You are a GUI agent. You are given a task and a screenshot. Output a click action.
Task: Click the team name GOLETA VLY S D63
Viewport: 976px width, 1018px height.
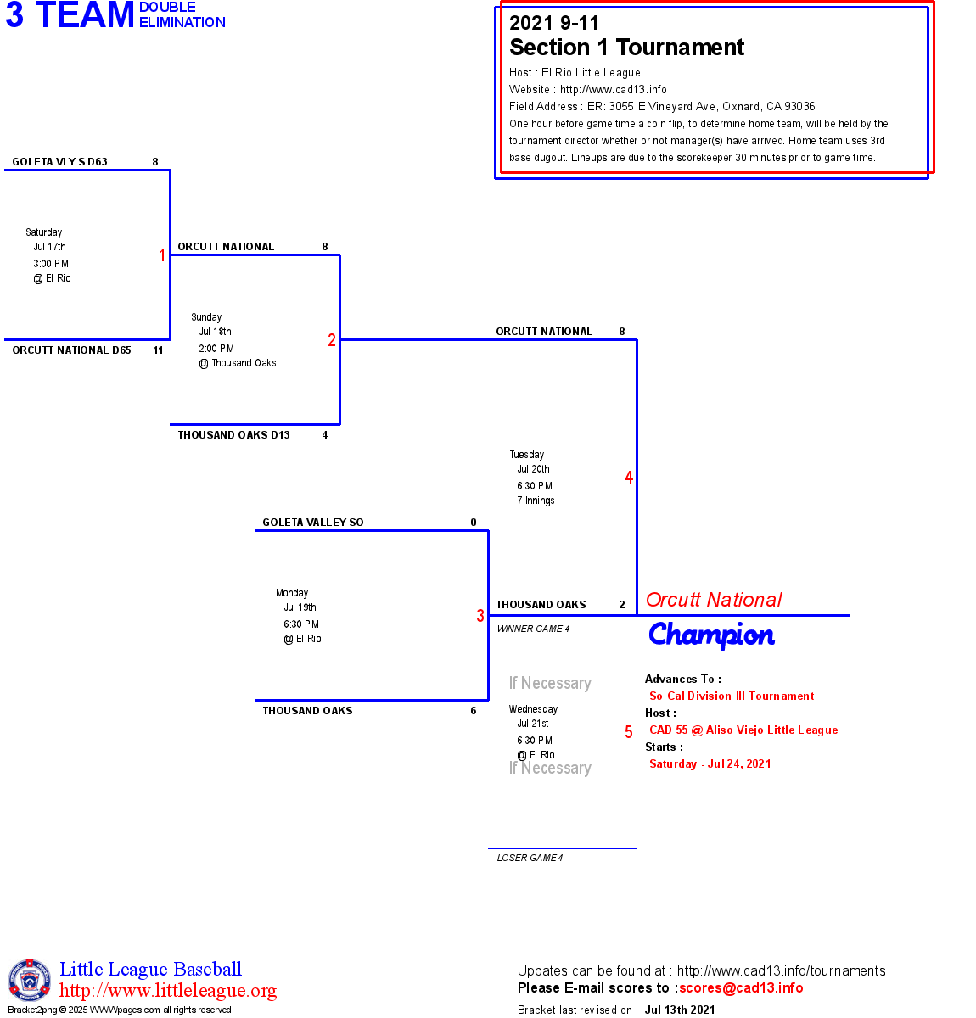(59, 162)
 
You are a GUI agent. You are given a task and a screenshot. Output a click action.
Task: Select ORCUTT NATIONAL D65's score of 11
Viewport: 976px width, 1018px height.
(158, 350)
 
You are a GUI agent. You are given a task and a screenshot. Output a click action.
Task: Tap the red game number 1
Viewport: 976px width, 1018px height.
(162, 255)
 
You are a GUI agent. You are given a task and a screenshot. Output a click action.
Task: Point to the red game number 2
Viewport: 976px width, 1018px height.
(332, 340)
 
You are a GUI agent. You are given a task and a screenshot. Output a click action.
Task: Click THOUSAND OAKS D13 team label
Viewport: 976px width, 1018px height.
(233, 435)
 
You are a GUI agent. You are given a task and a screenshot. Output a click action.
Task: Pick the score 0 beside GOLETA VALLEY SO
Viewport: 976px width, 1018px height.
(474, 523)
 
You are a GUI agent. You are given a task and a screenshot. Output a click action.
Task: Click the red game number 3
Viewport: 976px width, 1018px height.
(480, 616)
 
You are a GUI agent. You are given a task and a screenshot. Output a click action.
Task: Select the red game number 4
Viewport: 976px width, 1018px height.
(629, 478)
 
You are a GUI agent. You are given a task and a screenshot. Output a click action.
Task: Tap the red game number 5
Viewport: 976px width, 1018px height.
(629, 732)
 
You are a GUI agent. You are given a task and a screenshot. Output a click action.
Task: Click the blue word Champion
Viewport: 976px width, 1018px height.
(711, 635)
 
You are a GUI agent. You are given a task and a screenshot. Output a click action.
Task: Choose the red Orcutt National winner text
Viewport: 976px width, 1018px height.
(714, 600)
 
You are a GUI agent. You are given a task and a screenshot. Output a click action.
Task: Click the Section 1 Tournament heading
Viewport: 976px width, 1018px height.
(626, 48)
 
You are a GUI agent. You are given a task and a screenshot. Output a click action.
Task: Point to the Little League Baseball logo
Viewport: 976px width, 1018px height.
(30, 980)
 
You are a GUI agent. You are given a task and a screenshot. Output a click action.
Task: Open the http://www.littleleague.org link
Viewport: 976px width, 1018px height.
(168, 991)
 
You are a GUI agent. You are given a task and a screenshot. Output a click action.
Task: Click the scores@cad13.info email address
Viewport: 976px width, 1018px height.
(741, 987)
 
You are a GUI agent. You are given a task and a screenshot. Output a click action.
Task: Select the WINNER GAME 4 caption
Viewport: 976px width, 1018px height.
(533, 629)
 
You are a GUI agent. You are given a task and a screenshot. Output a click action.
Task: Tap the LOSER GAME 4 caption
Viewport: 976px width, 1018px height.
(530, 858)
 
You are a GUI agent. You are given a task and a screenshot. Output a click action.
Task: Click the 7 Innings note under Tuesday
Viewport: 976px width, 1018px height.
(536, 501)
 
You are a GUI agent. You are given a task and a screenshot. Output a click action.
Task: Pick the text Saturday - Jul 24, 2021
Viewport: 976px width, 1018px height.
(710, 764)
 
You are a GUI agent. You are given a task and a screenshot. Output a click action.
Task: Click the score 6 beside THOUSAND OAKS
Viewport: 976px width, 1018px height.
(474, 711)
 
